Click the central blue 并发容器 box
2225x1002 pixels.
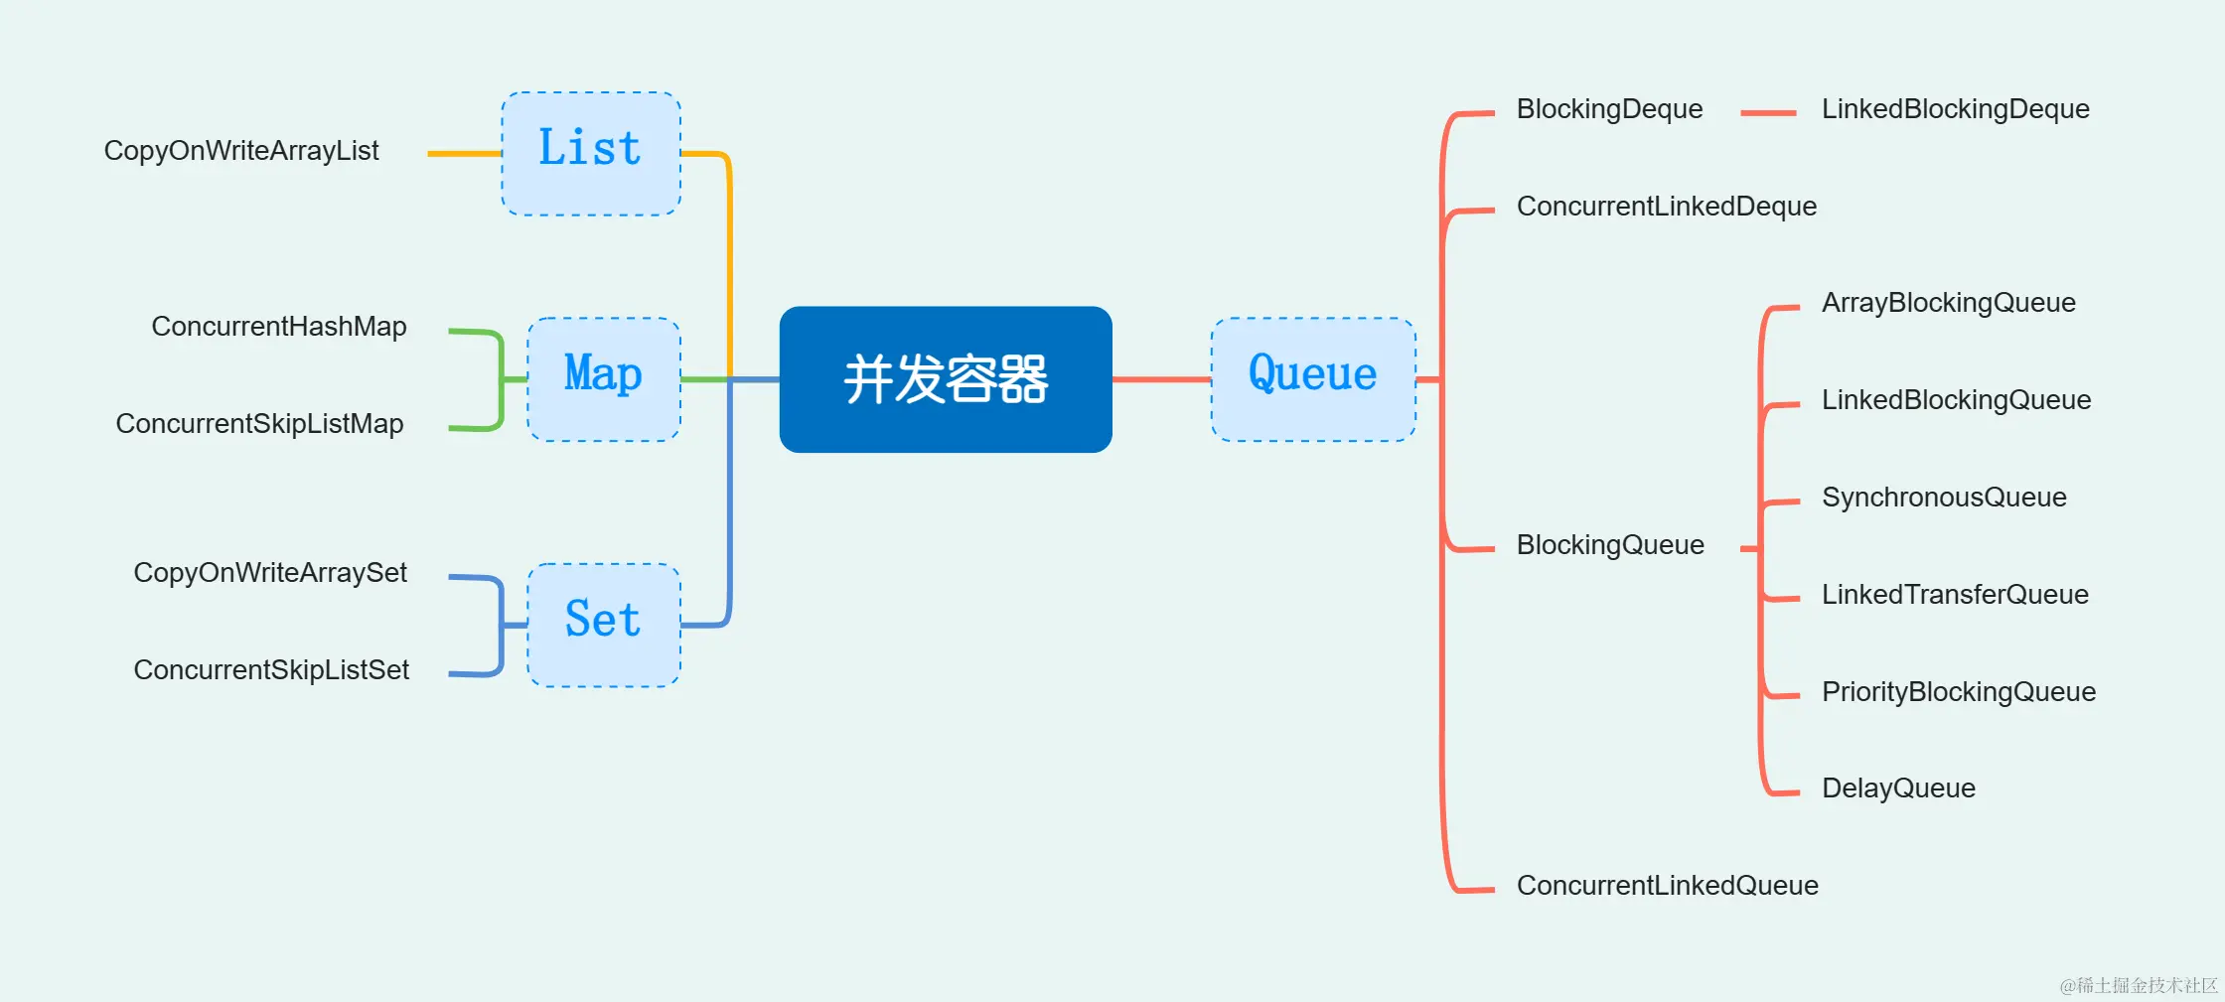pos(945,379)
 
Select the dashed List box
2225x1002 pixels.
pos(591,154)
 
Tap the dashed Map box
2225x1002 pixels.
pos(603,379)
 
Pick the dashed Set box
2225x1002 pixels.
pos(603,625)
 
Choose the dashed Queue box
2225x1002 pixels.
pos(1313,379)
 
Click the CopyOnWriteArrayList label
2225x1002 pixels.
pos(241,151)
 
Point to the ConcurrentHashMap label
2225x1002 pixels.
pos(278,327)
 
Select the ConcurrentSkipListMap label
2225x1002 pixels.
pos(259,424)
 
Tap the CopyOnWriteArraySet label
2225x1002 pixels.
pos(270,573)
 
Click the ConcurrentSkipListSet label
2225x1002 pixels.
pos(271,670)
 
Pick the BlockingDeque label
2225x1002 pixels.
pos(1609,109)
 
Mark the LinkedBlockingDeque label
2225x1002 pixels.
pos(1955,109)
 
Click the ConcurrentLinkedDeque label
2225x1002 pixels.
pos(1666,207)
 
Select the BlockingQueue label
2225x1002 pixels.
pos(1610,545)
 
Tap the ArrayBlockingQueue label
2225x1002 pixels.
pos(1948,303)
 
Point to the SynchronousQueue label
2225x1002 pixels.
pos(1944,498)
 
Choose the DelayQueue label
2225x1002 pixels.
pos(1898,788)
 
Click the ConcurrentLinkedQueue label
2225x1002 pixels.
pos(1667,886)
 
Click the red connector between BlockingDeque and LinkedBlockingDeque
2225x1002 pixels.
pos(1768,113)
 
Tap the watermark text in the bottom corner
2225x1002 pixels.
pos(2138,985)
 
